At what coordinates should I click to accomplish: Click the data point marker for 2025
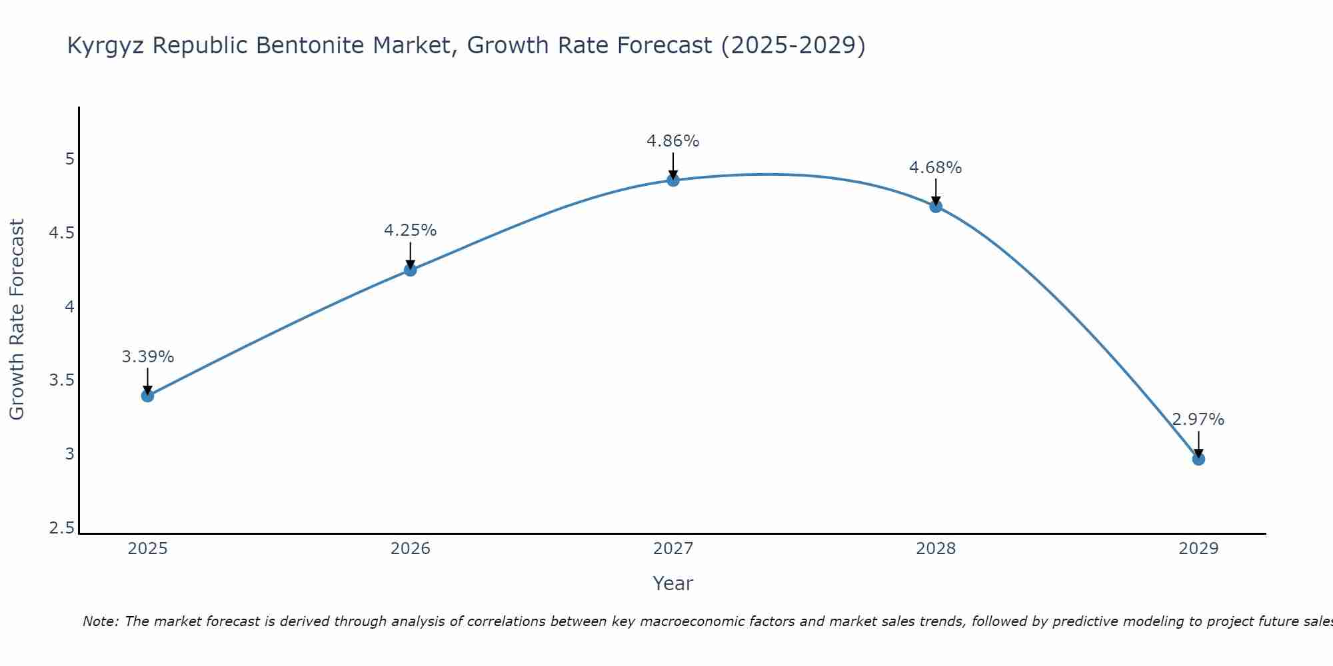(147, 396)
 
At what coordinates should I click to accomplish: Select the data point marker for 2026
(410, 270)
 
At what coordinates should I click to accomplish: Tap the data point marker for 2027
(672, 180)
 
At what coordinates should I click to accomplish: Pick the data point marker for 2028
(935, 206)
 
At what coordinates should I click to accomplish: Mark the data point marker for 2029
(1198, 459)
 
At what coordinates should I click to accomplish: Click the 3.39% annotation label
(147, 357)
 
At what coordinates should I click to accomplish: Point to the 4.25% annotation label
(410, 230)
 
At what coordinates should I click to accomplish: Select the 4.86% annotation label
(672, 141)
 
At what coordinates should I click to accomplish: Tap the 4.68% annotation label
(935, 168)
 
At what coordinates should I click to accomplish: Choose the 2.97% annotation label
(1198, 420)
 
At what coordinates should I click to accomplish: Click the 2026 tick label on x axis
(410, 549)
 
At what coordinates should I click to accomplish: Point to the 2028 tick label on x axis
(935, 549)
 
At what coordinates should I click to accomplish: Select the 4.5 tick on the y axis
(61, 233)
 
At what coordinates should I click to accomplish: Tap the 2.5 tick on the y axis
(61, 529)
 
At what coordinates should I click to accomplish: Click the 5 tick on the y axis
(69, 159)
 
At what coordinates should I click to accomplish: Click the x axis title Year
(672, 583)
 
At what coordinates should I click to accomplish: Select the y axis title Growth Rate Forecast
(17, 320)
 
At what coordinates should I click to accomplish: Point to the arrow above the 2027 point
(672, 165)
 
